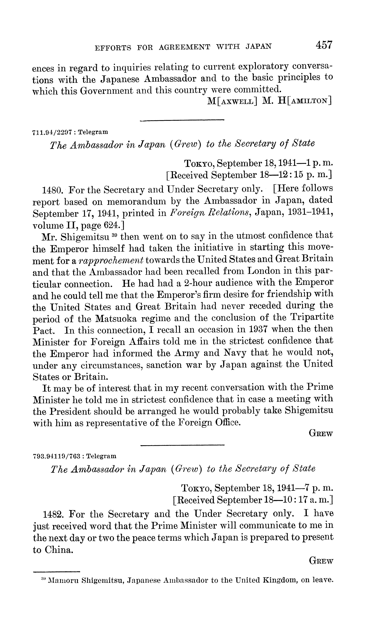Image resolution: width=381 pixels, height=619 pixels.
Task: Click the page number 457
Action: pos(324,45)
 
